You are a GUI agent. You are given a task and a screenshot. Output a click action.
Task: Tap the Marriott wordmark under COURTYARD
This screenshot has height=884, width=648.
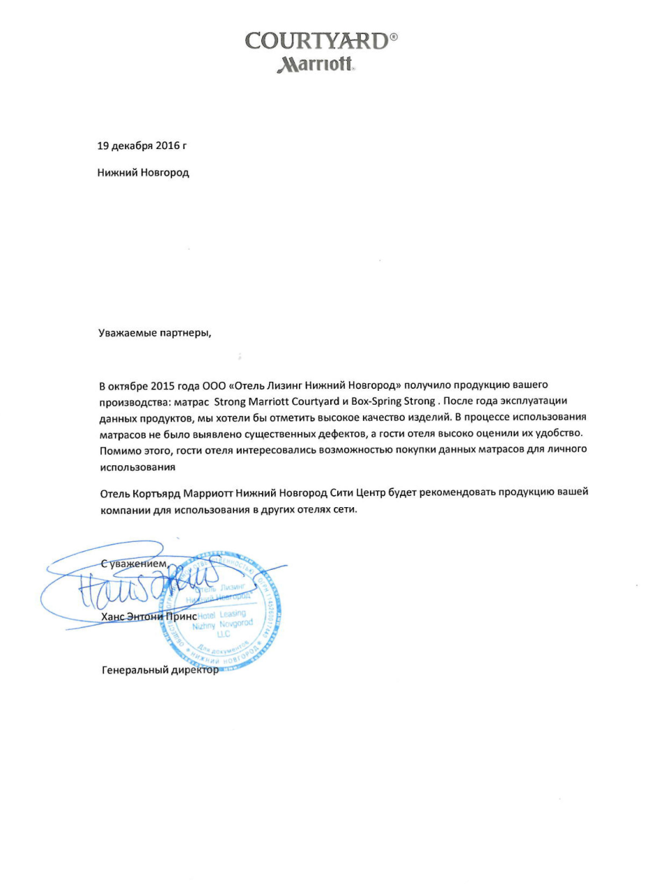[x=317, y=65]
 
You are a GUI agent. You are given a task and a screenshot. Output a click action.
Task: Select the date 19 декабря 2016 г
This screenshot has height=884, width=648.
[x=141, y=146]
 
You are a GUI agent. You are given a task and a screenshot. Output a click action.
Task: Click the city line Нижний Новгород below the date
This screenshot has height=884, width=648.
[x=143, y=171]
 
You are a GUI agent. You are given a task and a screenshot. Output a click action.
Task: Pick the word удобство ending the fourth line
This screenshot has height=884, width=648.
[x=558, y=433]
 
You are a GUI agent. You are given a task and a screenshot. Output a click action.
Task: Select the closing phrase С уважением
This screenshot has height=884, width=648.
[x=134, y=563]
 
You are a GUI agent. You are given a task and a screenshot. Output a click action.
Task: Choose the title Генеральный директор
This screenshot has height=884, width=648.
[x=160, y=671]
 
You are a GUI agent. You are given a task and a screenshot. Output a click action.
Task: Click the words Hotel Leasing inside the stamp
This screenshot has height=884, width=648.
[x=219, y=616]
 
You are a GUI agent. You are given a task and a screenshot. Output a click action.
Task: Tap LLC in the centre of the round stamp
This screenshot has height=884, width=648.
[x=222, y=635]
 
